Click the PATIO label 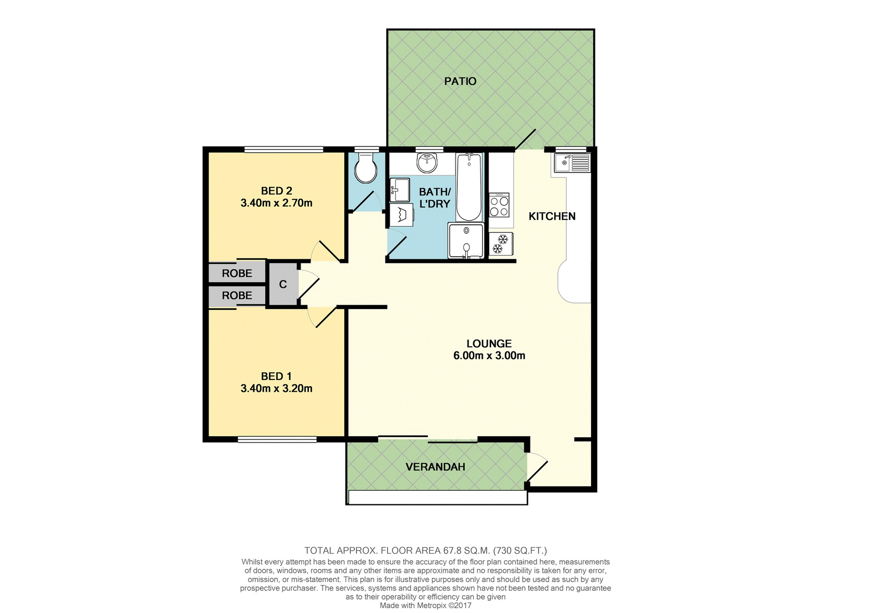pyautogui.click(x=460, y=81)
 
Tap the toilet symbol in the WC pyautogui.click(x=365, y=168)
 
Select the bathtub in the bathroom pyautogui.click(x=469, y=188)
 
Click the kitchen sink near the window pyautogui.click(x=571, y=163)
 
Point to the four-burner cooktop pyautogui.click(x=499, y=205)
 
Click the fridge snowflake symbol pyautogui.click(x=501, y=244)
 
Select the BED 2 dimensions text pyautogui.click(x=276, y=203)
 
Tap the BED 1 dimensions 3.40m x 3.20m pyautogui.click(x=276, y=388)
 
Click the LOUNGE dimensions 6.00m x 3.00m pyautogui.click(x=489, y=356)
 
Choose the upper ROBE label pyautogui.click(x=237, y=273)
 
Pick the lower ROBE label pyautogui.click(x=237, y=295)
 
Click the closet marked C pyautogui.click(x=283, y=285)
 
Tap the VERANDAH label pyautogui.click(x=435, y=467)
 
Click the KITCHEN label pyautogui.click(x=552, y=216)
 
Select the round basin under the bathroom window pyautogui.click(x=427, y=163)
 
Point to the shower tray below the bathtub pyautogui.click(x=466, y=241)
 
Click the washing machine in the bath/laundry pyautogui.click(x=401, y=216)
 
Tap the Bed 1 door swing pyautogui.click(x=320, y=315)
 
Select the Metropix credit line pyautogui.click(x=425, y=606)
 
